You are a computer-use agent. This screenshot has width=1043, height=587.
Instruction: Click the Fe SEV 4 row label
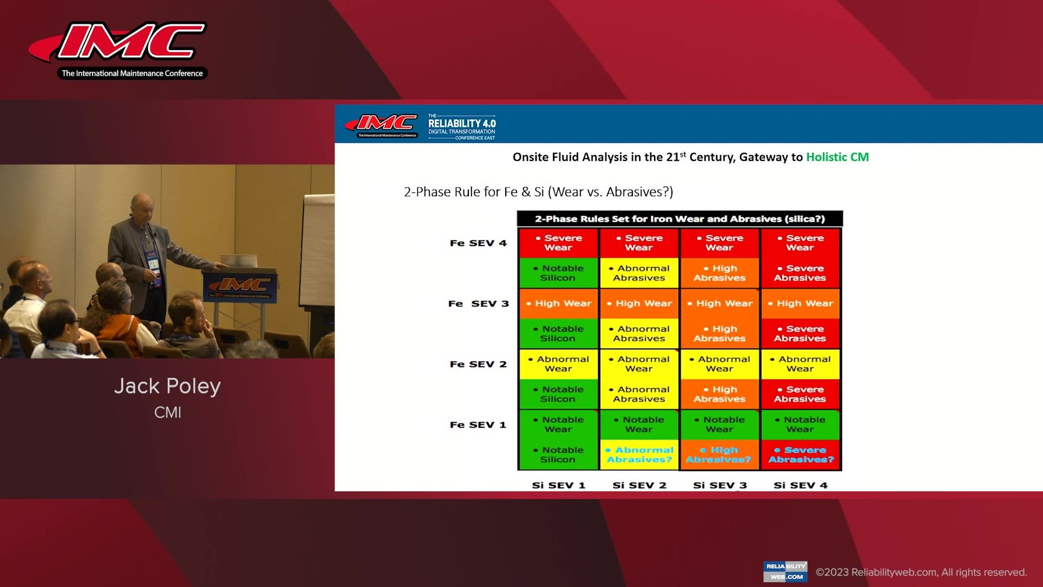click(478, 243)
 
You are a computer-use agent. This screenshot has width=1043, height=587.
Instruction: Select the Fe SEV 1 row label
click(478, 424)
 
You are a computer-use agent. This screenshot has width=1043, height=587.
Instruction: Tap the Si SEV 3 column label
click(720, 485)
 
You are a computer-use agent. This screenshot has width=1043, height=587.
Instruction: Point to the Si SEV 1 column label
click(558, 485)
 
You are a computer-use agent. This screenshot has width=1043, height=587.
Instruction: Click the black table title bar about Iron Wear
click(680, 219)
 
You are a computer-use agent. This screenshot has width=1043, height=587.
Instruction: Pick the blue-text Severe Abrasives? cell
click(801, 455)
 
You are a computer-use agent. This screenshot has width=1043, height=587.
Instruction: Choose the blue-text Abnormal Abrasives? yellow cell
click(639, 455)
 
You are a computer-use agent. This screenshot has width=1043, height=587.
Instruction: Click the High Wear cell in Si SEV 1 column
click(558, 303)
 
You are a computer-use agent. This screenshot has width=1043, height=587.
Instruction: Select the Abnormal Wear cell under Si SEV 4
click(801, 364)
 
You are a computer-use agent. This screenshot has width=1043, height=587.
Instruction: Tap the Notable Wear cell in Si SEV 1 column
click(558, 424)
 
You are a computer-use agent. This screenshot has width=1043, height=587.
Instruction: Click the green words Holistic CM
click(837, 157)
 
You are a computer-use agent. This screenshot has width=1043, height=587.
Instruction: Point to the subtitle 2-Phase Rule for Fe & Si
click(538, 192)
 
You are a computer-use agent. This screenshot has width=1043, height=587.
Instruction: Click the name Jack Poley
click(167, 386)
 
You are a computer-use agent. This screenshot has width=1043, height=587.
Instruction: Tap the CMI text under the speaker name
click(167, 413)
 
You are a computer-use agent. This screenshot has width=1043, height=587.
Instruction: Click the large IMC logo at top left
click(122, 49)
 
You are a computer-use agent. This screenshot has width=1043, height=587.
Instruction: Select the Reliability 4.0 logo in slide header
click(461, 126)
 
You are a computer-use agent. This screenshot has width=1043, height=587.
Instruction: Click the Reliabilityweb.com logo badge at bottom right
click(785, 571)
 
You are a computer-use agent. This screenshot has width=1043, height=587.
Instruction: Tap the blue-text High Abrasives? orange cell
click(719, 455)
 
